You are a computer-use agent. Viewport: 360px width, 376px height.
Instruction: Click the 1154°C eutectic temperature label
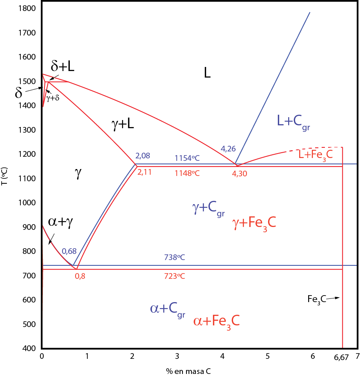tap(187, 158)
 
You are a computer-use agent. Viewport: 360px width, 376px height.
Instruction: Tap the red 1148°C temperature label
tap(187, 173)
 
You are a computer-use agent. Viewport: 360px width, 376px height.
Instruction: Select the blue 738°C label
tap(175, 257)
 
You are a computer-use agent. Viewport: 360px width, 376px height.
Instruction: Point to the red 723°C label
tap(175, 276)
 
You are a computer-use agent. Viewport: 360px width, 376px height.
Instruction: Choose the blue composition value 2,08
tap(143, 156)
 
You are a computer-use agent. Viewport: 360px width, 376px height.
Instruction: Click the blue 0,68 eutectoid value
tap(69, 251)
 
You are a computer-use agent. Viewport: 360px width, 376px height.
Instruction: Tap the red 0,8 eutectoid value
tap(80, 276)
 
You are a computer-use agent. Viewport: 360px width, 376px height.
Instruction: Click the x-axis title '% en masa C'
tap(188, 371)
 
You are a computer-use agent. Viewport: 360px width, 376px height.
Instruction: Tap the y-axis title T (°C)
tap(4, 176)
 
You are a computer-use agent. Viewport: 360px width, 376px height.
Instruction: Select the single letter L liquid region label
tap(207, 73)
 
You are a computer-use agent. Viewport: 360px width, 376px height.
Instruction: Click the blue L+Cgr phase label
tap(293, 121)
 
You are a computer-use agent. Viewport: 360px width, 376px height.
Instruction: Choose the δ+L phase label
tap(62, 66)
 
